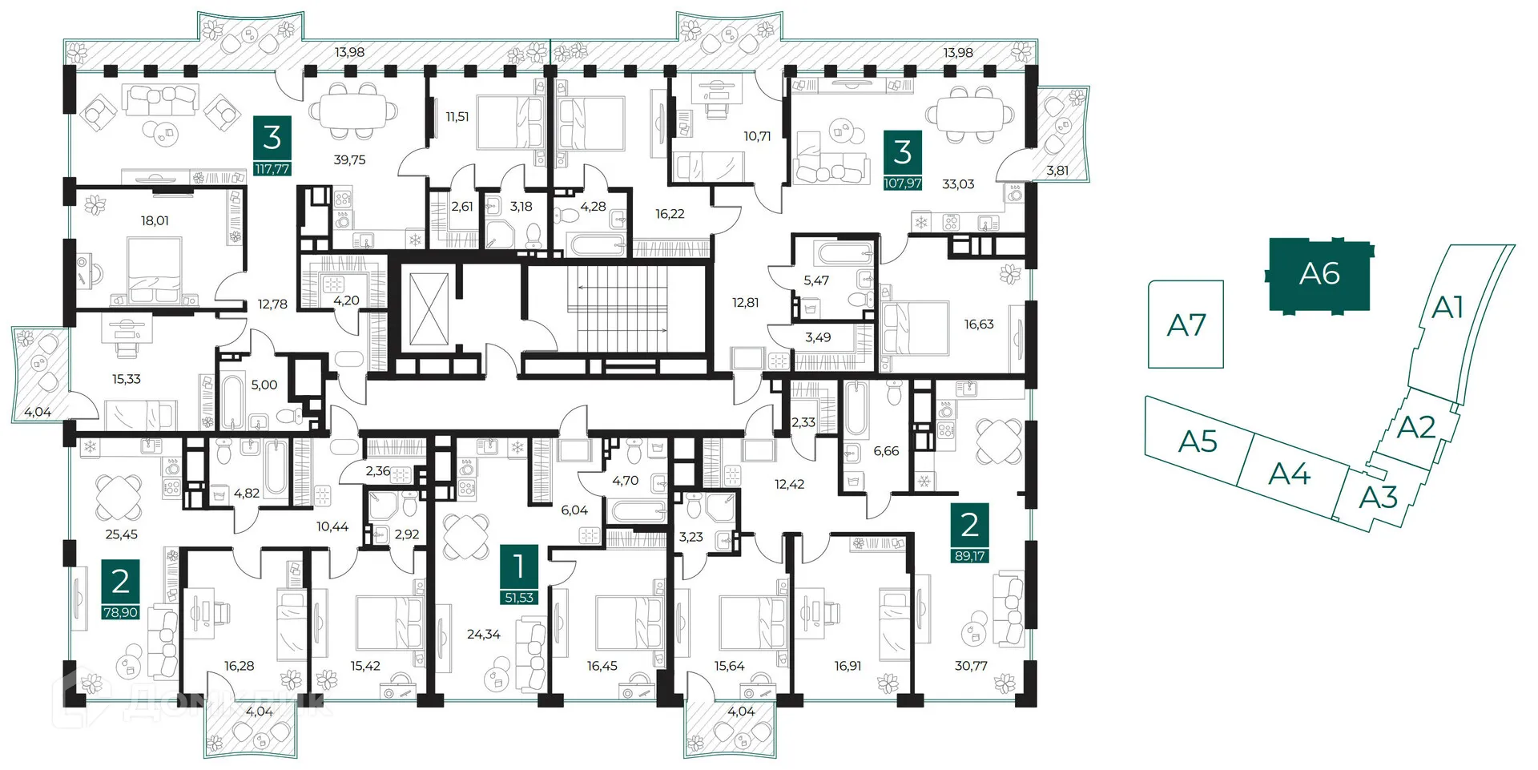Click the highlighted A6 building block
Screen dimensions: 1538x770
click(x=1319, y=274)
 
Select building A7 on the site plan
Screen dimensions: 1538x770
click(x=1186, y=325)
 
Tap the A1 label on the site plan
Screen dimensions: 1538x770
click(x=1447, y=307)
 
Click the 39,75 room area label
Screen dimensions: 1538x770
click(x=349, y=160)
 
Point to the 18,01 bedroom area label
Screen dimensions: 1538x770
click(x=155, y=221)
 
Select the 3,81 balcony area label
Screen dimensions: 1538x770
click(x=1057, y=171)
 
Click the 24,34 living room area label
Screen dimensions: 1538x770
click(x=484, y=635)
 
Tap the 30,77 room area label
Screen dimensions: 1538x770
click(x=971, y=666)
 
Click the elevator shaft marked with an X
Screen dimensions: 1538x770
click(x=429, y=309)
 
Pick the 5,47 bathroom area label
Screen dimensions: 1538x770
click(x=816, y=280)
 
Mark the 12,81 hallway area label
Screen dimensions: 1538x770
click(x=745, y=303)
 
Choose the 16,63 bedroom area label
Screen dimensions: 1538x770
click(x=979, y=325)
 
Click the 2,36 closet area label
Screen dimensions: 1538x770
click(x=378, y=471)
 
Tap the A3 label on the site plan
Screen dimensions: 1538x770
click(x=1378, y=498)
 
